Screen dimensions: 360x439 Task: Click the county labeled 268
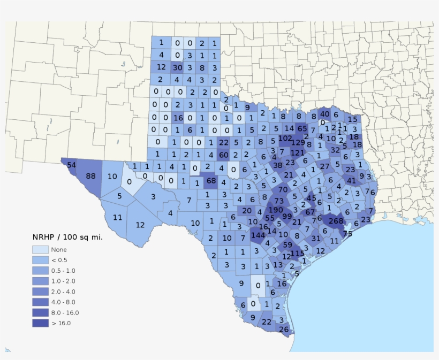point(336,221)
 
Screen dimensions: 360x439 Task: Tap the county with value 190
point(275,210)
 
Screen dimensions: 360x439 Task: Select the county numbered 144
point(258,235)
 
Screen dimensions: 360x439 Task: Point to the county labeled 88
point(90,177)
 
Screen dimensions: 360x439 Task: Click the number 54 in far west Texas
point(71,164)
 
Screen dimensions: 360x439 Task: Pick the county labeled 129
point(298,142)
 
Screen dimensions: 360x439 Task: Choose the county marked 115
point(298,253)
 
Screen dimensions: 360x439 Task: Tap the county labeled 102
point(285,139)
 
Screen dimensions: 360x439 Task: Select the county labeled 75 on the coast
point(347,233)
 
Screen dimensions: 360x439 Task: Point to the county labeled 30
point(177,67)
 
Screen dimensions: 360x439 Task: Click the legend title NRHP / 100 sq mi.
point(67,237)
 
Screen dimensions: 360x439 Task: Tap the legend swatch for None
point(40,249)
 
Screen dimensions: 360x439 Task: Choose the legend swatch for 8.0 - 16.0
point(40,312)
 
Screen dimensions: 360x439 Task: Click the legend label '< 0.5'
point(59,260)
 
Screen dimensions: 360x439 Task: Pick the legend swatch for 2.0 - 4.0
point(40,292)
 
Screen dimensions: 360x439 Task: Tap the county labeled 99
point(287,216)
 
